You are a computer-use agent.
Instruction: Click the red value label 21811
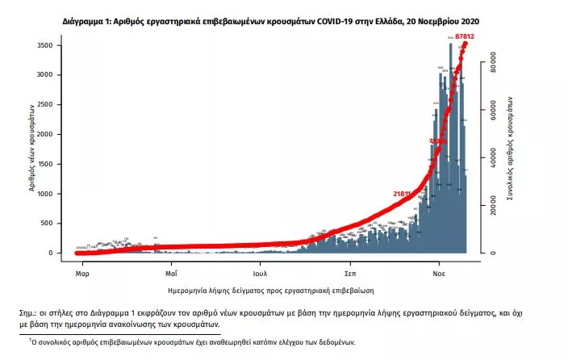pos(403,194)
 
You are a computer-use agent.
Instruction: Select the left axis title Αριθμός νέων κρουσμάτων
pos(31,148)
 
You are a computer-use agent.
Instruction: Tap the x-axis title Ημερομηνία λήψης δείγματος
pos(271,288)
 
